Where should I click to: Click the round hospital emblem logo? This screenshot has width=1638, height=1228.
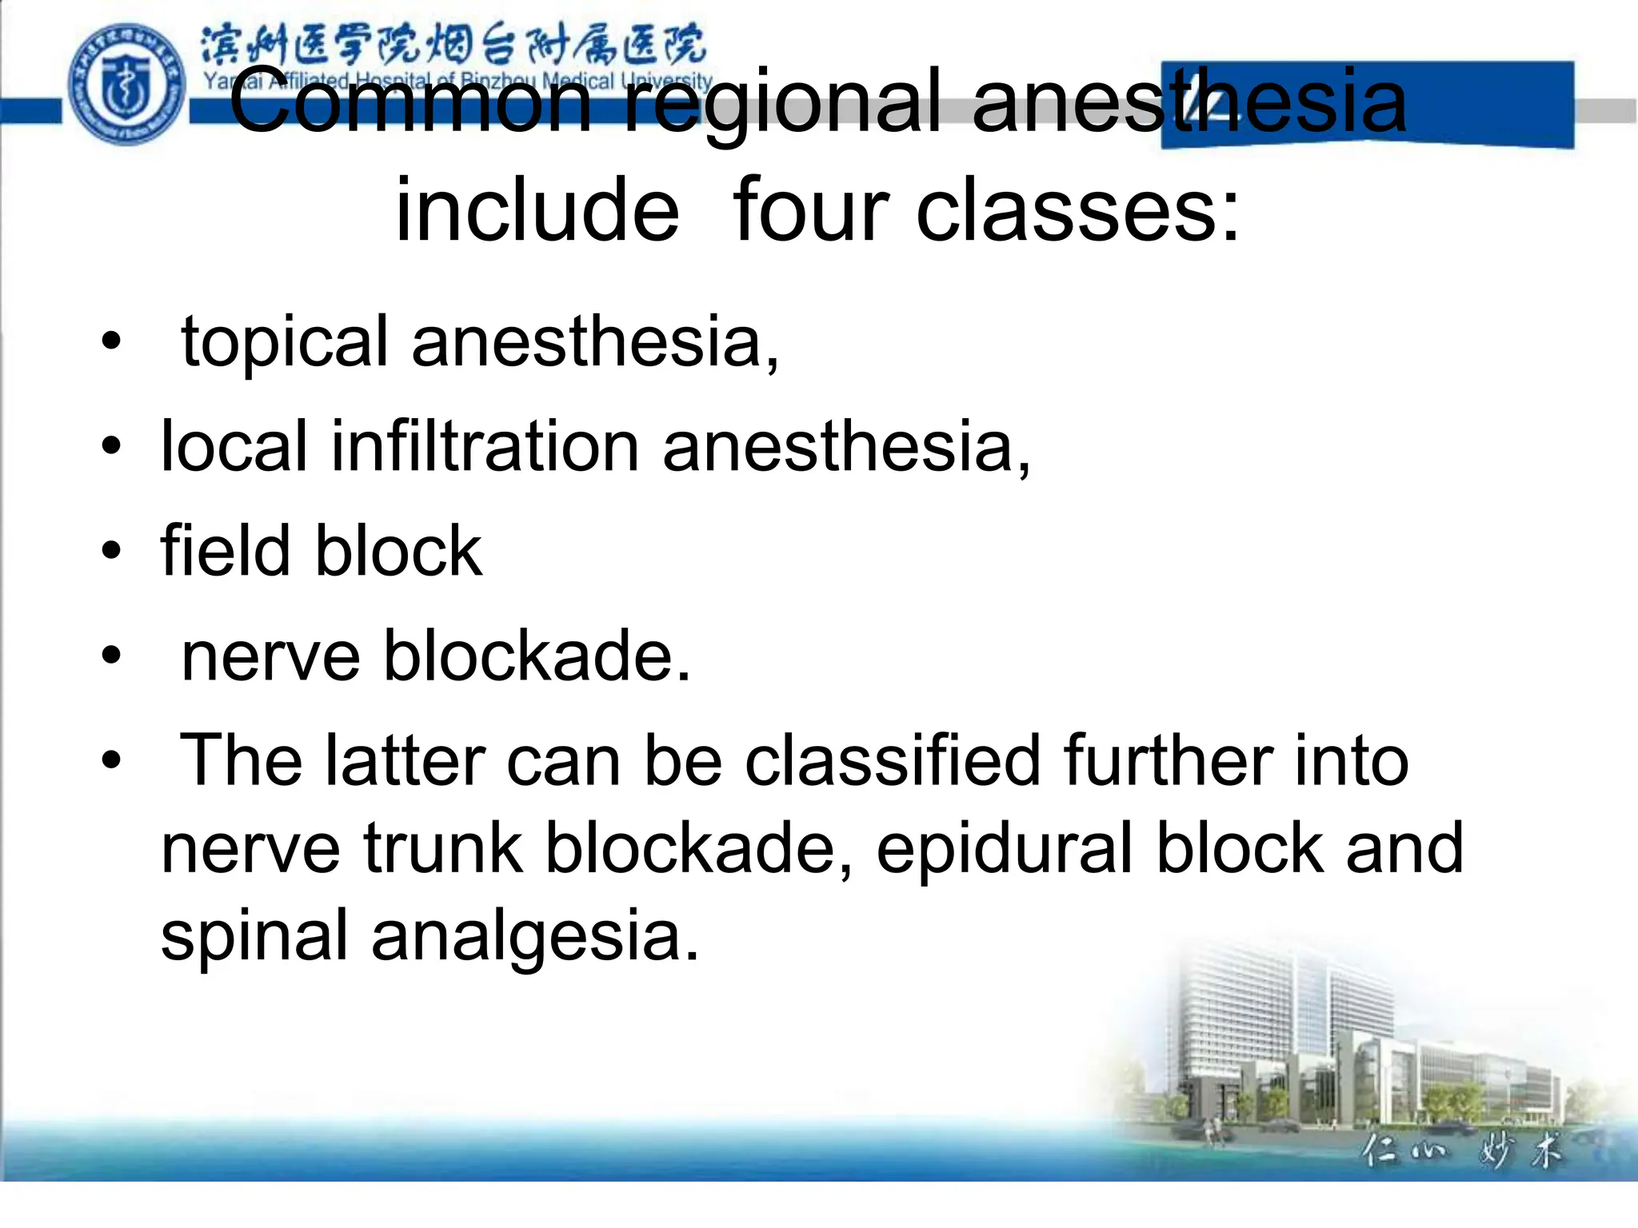(126, 85)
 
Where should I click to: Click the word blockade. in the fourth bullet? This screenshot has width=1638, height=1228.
(537, 656)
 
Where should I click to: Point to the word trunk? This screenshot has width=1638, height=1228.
(444, 848)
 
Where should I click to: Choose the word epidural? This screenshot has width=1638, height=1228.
(1005, 850)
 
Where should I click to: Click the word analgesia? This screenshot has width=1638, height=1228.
(535, 937)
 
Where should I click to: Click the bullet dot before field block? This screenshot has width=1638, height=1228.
(112, 551)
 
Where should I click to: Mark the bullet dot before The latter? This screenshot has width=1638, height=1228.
(112, 760)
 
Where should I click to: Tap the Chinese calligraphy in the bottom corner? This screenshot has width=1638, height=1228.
(1460, 1152)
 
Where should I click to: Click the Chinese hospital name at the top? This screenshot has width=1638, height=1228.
(452, 45)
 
